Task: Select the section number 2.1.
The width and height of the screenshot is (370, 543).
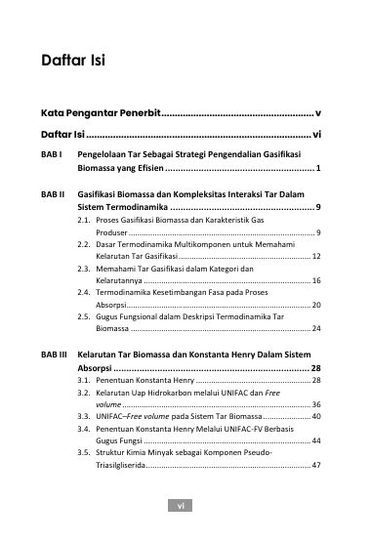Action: tap(85, 222)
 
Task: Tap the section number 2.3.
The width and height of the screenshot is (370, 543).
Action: tap(85, 268)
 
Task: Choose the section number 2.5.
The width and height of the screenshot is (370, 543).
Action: tap(85, 316)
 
